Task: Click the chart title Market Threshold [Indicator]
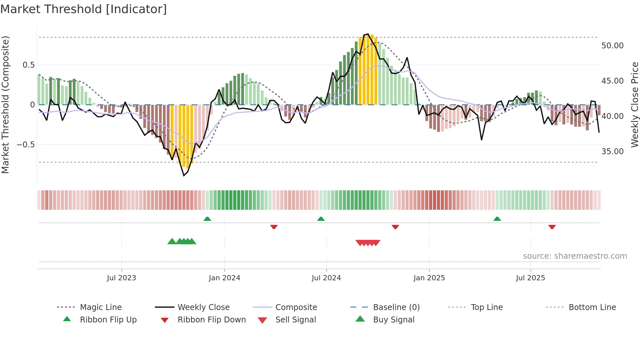84,9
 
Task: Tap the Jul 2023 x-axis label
121,278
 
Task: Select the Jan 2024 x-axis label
224,278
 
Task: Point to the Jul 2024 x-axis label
326,278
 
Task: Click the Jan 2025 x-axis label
429,278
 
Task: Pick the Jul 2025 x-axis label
531,278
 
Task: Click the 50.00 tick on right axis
612,46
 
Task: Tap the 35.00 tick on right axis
612,152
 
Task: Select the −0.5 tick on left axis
25,145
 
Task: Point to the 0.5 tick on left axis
28,65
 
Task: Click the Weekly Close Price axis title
634,105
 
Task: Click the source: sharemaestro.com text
575,256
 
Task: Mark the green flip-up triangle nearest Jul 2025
497,219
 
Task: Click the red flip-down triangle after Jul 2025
552,227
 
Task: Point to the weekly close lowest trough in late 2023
184,175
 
